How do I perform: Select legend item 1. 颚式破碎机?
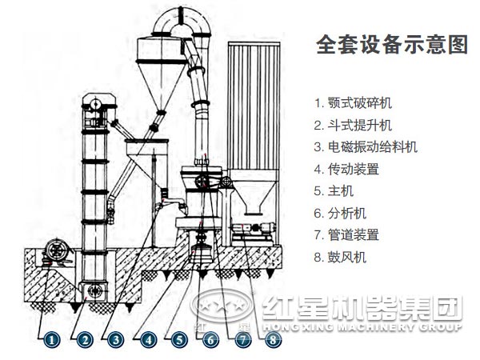coord(353,103)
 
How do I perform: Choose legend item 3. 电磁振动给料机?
coord(366,147)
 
